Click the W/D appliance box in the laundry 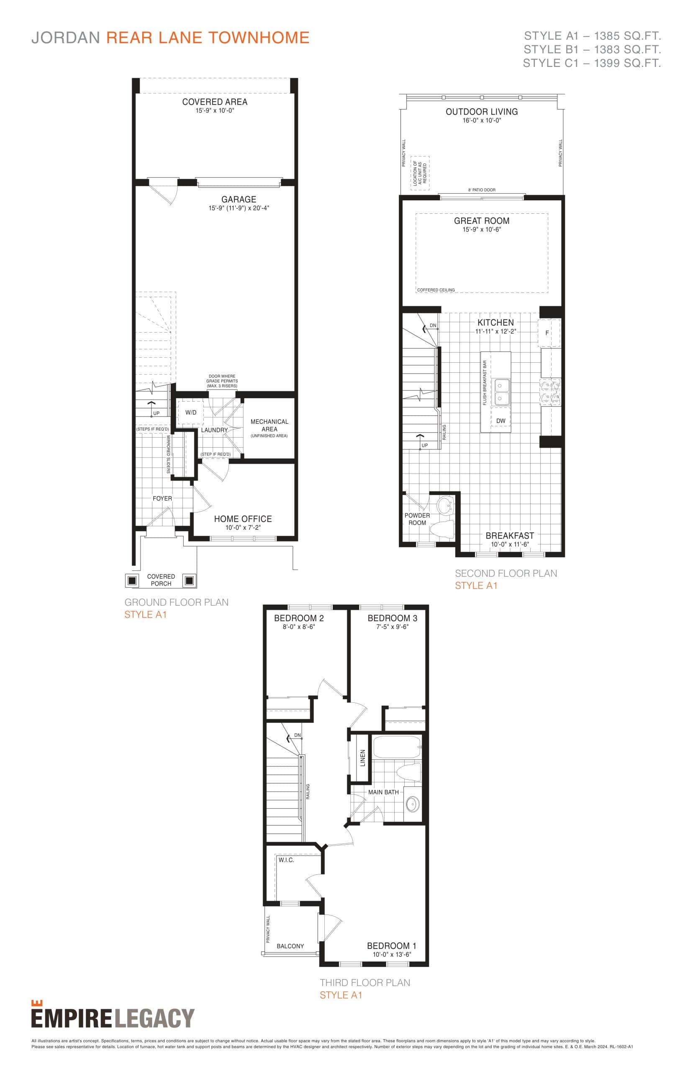[190, 412]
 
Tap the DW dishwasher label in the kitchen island [501, 420]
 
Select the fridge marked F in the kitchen [548, 333]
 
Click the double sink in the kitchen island [502, 391]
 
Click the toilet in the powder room [442, 529]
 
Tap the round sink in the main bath [412, 803]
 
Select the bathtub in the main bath [396, 747]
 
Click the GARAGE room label [239, 199]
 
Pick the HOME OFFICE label [243, 519]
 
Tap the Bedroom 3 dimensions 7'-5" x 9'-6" [393, 627]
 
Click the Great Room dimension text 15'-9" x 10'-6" [482, 229]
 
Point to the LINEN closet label [363, 758]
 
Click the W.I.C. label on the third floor [286, 860]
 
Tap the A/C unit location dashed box [420, 173]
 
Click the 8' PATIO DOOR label [482, 190]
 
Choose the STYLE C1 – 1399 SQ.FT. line [591, 64]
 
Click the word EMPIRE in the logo [71, 1018]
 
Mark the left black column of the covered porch [132, 581]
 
